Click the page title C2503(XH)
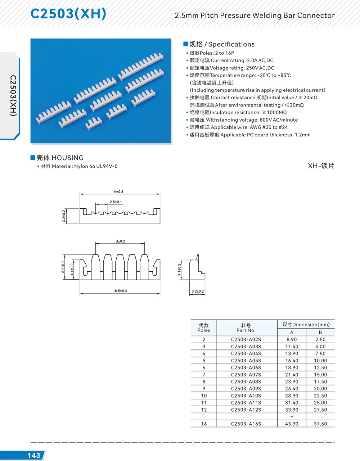click(68, 14)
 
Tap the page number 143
click(34, 455)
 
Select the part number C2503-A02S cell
click(246, 339)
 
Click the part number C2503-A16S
click(246, 424)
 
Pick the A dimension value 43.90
click(292, 424)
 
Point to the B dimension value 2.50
click(320, 339)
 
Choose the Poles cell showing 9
click(204, 388)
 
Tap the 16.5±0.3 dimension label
click(120, 291)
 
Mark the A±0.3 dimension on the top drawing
click(118, 192)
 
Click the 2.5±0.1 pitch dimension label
click(116, 202)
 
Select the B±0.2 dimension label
click(120, 241)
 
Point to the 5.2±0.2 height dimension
click(63, 267)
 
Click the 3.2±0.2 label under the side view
click(198, 291)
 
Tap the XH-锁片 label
click(321, 166)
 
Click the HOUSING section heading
click(60, 158)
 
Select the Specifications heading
click(222, 44)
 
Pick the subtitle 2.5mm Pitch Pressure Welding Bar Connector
click(255, 15)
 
